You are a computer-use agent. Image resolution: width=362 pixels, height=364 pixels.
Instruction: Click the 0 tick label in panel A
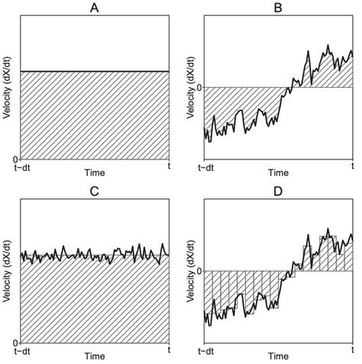point(16,158)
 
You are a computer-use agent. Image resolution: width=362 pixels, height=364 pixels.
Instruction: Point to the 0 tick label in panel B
point(199,87)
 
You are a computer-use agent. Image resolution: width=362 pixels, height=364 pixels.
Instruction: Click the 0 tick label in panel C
point(16,341)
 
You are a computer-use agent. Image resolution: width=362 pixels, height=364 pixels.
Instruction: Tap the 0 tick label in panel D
point(199,271)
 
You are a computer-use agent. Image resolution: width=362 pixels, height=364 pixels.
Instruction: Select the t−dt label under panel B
point(204,166)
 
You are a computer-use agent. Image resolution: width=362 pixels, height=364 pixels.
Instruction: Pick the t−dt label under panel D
point(204,350)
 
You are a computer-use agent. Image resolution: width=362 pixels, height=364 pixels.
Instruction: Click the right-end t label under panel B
point(352,166)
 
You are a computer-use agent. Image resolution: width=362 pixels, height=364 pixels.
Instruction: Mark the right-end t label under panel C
point(169,350)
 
